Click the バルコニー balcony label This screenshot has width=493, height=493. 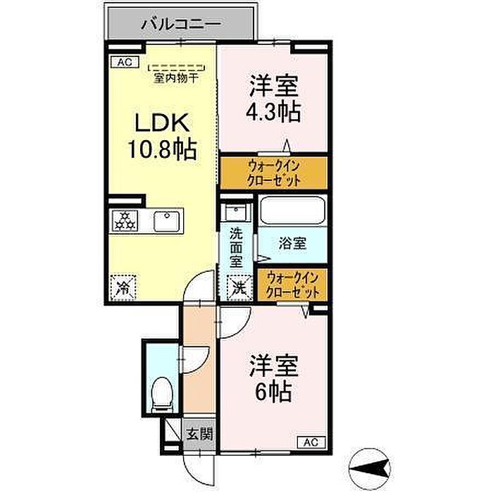pyautogui.click(x=181, y=24)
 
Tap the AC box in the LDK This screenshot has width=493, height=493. pyautogui.click(x=125, y=62)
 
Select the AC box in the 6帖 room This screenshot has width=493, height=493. pyautogui.click(x=311, y=442)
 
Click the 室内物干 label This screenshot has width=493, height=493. pyautogui.click(x=176, y=78)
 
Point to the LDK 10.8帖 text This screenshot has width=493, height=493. pyautogui.click(x=162, y=136)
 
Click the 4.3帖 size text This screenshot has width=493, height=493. pyautogui.click(x=273, y=111)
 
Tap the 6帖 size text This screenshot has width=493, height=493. pyautogui.click(x=273, y=391)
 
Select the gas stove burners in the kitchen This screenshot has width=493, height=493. pyautogui.click(x=125, y=220)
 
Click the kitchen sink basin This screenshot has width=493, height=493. pyautogui.click(x=167, y=221)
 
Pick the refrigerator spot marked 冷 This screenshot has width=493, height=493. pyautogui.click(x=123, y=287)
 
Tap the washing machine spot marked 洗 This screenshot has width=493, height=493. pyautogui.click(x=239, y=287)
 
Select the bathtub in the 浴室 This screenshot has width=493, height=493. pyautogui.click(x=293, y=211)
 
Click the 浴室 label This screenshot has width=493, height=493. pyautogui.click(x=292, y=244)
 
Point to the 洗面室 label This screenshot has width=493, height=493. pyautogui.click(x=236, y=248)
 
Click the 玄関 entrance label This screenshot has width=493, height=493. pyautogui.click(x=199, y=435)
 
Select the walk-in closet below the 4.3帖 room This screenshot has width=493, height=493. pyautogui.click(x=273, y=173)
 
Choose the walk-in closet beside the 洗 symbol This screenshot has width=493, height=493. pyautogui.click(x=292, y=285)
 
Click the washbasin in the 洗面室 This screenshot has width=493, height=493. pyautogui.click(x=236, y=212)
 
